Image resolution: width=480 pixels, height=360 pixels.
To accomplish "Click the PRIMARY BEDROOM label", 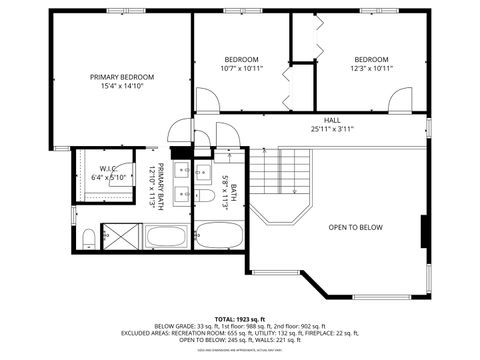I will coord(122,77).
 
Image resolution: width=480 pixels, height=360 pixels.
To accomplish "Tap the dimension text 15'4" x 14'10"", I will coord(122,87).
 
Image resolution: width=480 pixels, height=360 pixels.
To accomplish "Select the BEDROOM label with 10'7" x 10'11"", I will coord(241,59).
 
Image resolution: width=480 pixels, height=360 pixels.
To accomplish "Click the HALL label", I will coord(331,119).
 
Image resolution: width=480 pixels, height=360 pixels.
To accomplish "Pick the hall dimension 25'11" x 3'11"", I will coord(331,128).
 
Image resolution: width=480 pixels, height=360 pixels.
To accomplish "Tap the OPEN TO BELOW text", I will coord(356,228).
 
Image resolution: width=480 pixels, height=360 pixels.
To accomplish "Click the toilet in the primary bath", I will coord(89,236).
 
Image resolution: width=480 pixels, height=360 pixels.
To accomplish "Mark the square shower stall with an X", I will coord(122,237).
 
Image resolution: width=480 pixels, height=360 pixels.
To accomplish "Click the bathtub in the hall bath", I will coord(218,237).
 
